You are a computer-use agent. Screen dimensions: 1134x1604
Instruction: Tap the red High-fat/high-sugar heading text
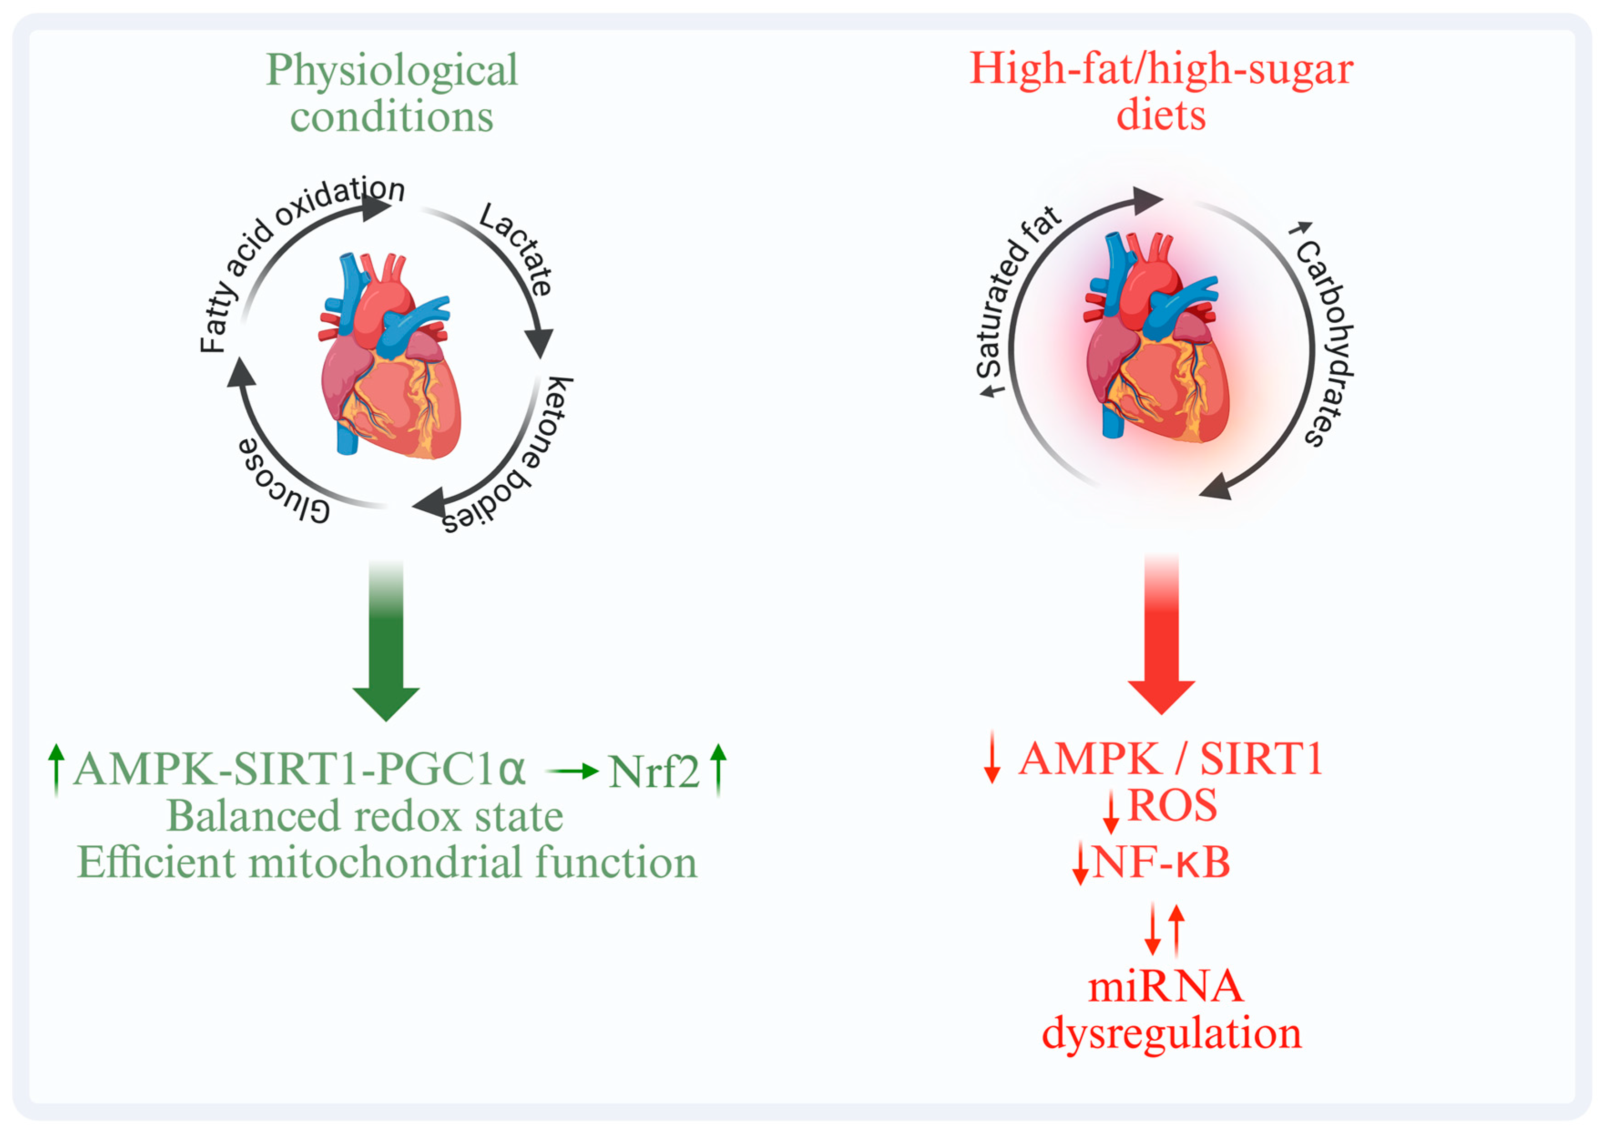(1161, 70)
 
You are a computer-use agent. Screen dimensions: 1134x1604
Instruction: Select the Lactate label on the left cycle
(517, 248)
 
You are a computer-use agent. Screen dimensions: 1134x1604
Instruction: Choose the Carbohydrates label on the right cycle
(1324, 336)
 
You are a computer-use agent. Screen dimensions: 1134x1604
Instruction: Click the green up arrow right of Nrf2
(718, 770)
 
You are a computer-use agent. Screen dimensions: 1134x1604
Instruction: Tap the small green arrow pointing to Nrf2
(572, 771)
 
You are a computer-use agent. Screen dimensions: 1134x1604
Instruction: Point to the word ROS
(1172, 806)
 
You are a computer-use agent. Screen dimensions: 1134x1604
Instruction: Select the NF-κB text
(1161, 862)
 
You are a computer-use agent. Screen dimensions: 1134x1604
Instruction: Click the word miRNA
(1165, 987)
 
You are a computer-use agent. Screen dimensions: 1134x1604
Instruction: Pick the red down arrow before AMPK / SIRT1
(992, 758)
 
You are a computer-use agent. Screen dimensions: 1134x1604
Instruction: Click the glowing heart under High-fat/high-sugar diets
(1156, 342)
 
